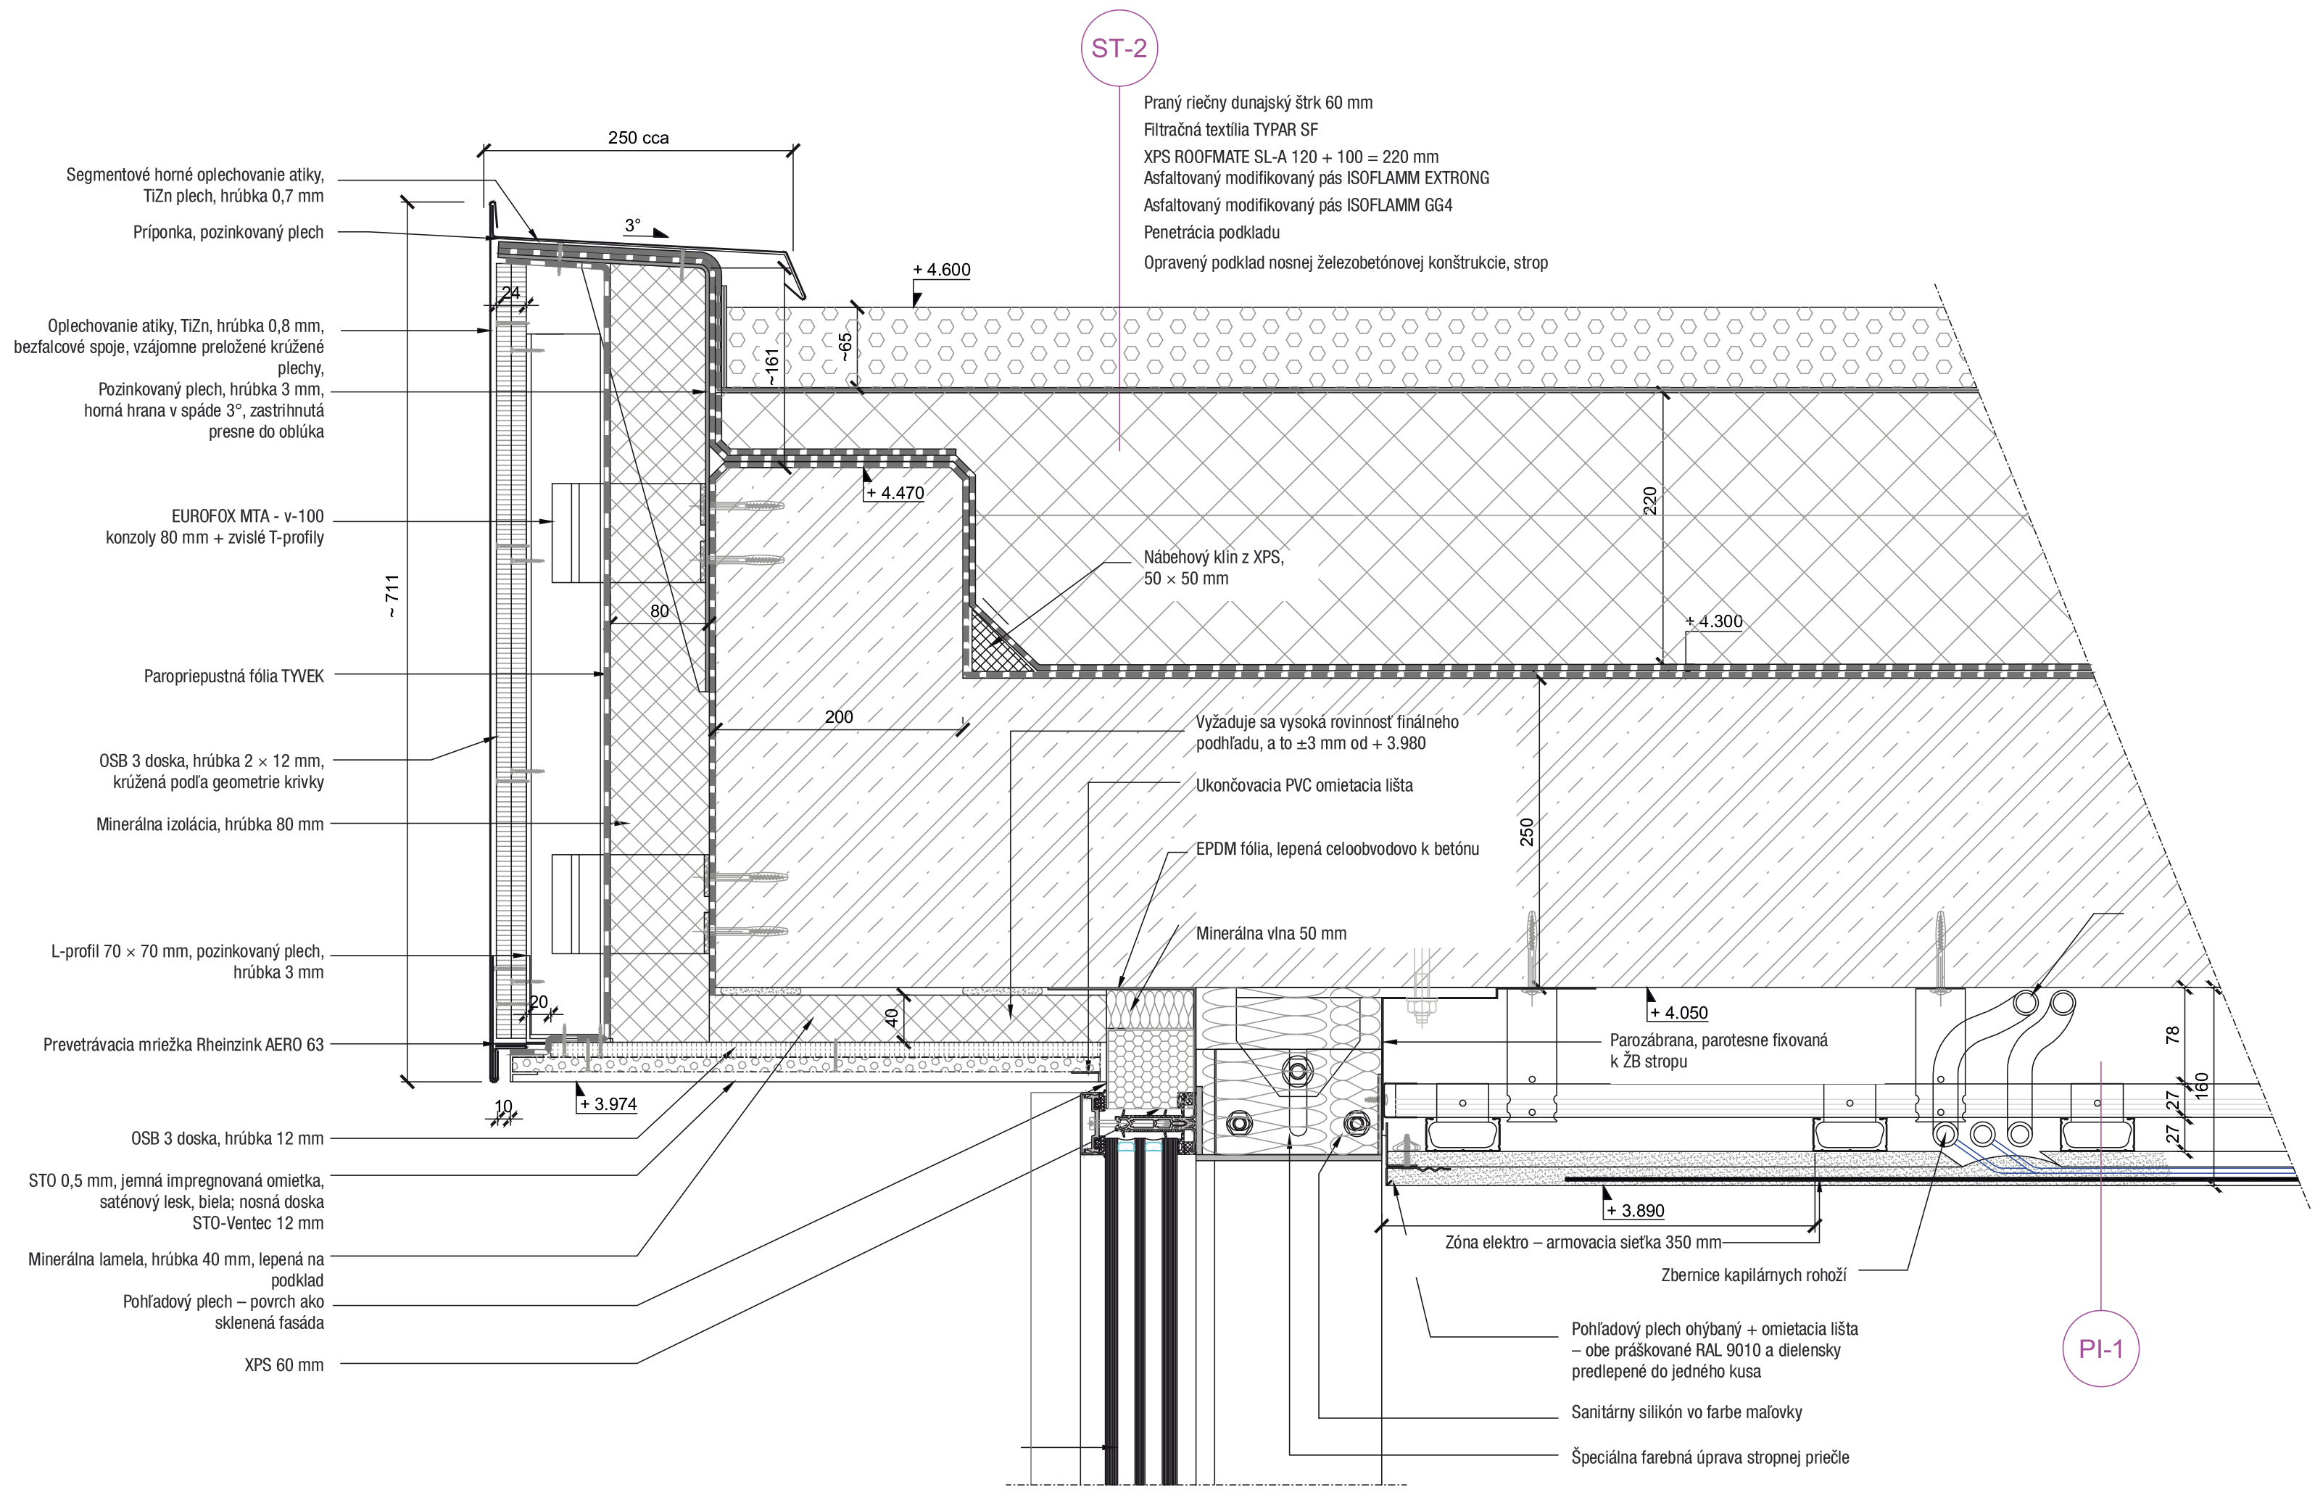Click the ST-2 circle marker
(1119, 49)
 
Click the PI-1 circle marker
(2101, 1349)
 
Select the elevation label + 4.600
(942, 270)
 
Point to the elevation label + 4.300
(1714, 621)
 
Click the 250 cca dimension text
(638, 138)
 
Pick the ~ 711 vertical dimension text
(392, 596)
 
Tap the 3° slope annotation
(632, 225)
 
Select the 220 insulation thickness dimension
(1649, 501)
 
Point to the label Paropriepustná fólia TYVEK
(233, 676)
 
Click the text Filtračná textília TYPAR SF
(1230, 129)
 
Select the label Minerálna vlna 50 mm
(1270, 934)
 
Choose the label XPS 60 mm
(284, 1365)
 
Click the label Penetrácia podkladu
(1211, 233)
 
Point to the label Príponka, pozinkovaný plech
(228, 233)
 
